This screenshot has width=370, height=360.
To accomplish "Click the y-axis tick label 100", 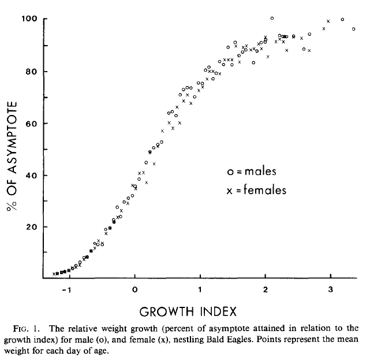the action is [29, 18].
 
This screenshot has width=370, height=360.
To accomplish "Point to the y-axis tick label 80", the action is [32, 72].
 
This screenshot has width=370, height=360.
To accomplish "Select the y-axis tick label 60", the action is [32, 124].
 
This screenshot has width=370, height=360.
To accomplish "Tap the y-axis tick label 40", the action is [32, 176].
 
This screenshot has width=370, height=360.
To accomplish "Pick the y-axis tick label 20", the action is [32, 227].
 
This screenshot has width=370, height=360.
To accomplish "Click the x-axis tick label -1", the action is [66, 290].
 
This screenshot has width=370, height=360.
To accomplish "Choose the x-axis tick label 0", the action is [134, 290].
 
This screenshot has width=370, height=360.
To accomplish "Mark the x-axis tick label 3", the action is [331, 290].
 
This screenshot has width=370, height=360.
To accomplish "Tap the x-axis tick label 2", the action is [266, 290].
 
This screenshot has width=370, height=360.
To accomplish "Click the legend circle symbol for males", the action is [230, 172].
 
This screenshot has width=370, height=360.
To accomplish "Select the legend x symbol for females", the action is [229, 191].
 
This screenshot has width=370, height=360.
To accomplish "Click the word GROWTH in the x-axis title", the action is [167, 311].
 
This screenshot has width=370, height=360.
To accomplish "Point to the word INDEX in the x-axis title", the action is [218, 311].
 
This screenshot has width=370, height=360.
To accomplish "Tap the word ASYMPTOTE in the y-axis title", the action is [12, 138].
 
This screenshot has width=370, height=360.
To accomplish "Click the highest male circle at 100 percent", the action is [272, 18].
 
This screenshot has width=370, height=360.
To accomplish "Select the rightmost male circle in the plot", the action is [353, 29].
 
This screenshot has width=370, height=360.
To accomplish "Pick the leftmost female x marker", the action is [54, 274].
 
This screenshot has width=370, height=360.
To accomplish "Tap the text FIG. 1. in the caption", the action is [26, 329].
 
